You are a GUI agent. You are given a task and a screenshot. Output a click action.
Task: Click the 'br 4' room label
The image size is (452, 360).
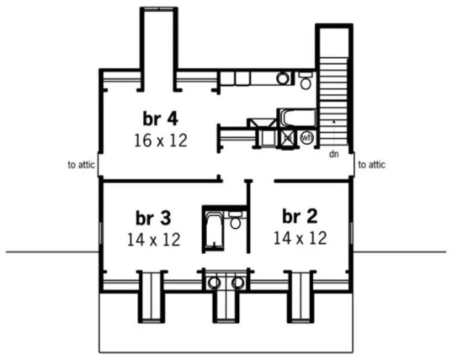tap(161, 118)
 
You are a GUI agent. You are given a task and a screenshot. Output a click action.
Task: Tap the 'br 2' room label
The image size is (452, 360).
tap(300, 216)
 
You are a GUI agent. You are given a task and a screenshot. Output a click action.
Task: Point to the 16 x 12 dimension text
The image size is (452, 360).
tap(161, 140)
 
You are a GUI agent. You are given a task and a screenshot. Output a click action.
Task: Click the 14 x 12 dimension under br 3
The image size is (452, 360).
tap(154, 239)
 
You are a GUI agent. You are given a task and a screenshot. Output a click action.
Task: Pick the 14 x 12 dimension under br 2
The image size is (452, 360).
tap(300, 237)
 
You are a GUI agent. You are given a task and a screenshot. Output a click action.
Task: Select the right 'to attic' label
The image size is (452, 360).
tap(372, 165)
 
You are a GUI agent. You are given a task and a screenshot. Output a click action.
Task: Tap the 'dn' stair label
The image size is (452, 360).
tap(334, 154)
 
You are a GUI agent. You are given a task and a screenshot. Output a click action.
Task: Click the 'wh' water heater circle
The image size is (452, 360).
tap(307, 138)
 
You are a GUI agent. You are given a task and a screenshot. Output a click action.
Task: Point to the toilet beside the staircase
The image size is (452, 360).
tap(305, 81)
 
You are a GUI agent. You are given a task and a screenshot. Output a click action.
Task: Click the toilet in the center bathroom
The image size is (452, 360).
tap(235, 221)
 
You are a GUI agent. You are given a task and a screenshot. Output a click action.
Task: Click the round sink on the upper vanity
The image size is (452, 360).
tap(283, 79)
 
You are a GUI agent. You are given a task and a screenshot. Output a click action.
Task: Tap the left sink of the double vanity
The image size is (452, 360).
tap(214, 282)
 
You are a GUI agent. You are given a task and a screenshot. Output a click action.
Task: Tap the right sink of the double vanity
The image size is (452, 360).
tap(237, 282)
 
